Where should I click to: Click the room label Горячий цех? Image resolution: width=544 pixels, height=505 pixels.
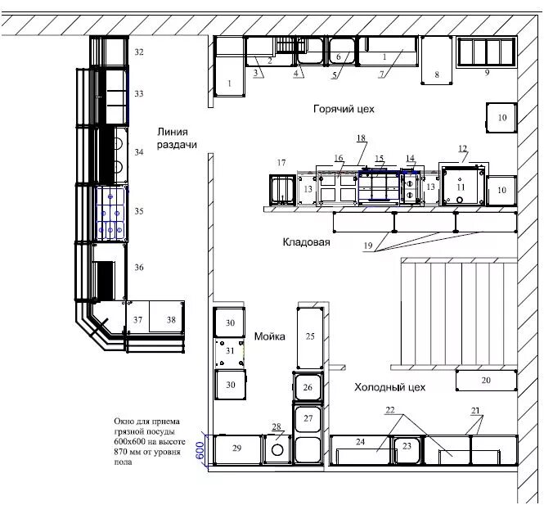point(344,110)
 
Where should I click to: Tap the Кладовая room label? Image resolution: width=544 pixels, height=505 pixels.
point(306,242)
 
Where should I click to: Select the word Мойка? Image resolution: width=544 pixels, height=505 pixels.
point(270,336)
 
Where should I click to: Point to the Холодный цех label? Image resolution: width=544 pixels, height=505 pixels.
point(389,387)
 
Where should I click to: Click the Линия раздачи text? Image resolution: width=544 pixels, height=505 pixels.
point(177,138)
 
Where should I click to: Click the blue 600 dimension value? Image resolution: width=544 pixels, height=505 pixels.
point(200,450)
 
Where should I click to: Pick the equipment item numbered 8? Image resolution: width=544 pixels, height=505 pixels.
point(437,61)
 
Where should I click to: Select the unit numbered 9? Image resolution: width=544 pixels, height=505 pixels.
point(487,52)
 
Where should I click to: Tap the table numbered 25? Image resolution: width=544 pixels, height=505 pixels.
point(310,338)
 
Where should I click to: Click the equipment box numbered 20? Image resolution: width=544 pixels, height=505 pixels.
point(486,381)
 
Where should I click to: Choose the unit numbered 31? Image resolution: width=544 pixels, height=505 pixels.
point(230,354)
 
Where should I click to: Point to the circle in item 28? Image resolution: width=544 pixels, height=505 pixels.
point(277,450)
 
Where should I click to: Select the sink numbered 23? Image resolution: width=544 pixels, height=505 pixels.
point(407,450)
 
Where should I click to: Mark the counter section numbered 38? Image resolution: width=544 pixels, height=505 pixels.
point(166,317)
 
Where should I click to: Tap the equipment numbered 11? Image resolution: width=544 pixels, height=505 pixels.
point(462,186)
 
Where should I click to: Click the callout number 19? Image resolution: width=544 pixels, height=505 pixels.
point(368,246)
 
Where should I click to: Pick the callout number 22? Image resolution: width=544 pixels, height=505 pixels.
point(390,410)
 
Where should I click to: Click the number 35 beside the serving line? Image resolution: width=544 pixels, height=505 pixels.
point(139,211)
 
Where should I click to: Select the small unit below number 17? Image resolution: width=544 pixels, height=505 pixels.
point(282,190)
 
